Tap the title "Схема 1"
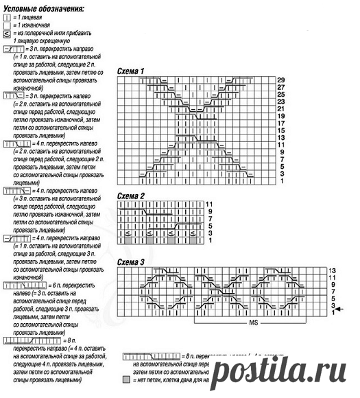coord(131,71)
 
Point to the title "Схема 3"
coord(131,261)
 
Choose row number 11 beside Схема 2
coord(208,204)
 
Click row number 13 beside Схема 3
coord(333,271)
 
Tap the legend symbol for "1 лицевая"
coord(6,19)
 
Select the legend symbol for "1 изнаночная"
coord(6,25)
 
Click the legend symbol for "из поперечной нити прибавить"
coord(6,33)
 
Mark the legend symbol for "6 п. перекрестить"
coord(16,283)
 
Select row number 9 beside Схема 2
coord(208,211)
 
